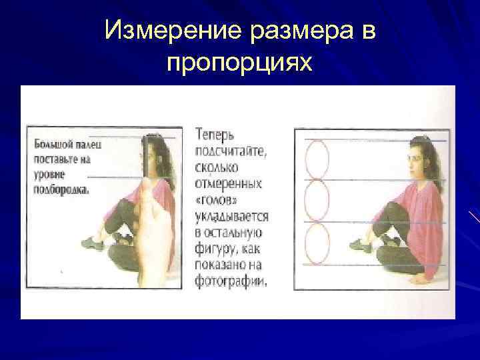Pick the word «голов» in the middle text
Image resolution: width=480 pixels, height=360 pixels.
[x=218, y=201]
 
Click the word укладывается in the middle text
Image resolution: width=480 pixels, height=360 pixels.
[x=231, y=217]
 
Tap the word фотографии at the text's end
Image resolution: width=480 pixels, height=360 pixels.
[x=230, y=281]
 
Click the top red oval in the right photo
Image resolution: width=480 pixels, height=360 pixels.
[x=317, y=159]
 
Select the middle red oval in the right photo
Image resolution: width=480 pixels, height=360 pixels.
[x=317, y=201]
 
